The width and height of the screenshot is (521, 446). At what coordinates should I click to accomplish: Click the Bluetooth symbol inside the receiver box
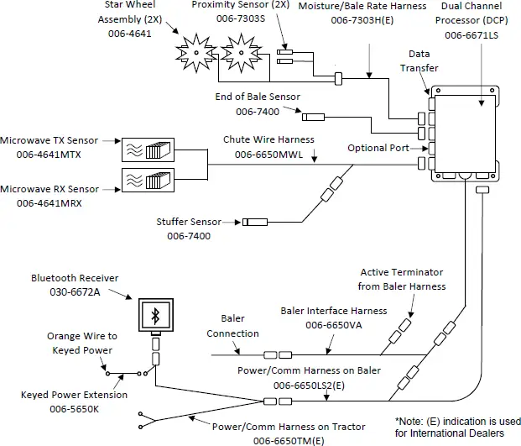(154, 315)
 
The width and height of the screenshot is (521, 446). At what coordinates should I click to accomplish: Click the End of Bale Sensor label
(258, 97)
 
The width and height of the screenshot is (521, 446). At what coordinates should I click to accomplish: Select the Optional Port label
(378, 149)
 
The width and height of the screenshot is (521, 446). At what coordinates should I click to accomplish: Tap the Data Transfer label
(419, 61)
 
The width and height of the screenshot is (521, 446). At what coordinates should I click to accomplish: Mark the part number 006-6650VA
(334, 324)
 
